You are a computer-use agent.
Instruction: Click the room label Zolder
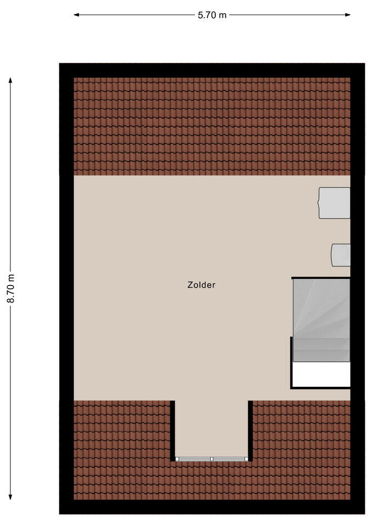pos(201,285)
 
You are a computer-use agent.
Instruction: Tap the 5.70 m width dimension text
pos(212,15)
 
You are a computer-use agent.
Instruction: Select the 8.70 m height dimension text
pos(11,289)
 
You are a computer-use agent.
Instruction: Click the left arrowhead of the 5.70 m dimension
pos(77,15)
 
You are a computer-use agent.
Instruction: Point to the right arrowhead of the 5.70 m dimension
pos(347,15)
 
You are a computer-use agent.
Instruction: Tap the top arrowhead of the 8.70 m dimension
pos(10,81)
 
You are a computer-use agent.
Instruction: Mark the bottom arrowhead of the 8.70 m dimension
pos(10,497)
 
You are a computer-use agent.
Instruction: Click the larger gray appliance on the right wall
pos(334,203)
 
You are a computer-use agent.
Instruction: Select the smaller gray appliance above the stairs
pos(341,255)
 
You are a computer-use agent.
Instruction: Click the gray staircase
pos(322,319)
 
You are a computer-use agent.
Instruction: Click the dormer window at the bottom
pos(211,459)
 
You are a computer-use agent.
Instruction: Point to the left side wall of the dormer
pos(173,431)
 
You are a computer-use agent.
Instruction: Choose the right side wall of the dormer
pos(250,431)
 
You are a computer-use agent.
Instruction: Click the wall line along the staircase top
pos(321,278)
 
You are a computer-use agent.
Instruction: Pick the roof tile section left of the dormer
pos(122,449)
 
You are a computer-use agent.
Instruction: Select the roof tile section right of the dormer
pos(301,449)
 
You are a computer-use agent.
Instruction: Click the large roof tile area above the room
pos(212,127)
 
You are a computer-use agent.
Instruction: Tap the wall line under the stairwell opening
pos(321,388)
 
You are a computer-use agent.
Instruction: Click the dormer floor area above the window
pos(211,428)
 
